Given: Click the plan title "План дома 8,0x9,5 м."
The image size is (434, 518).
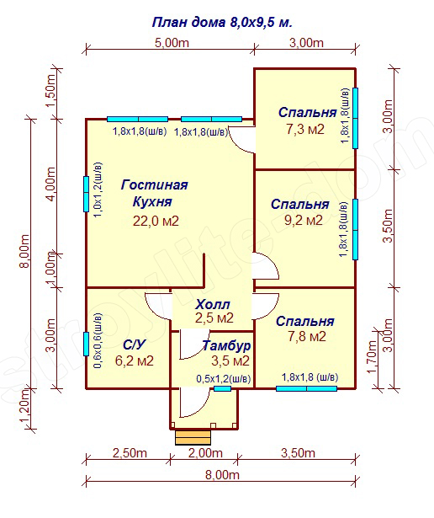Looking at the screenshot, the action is click(222, 23).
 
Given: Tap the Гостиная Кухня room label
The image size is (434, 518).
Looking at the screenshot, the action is click(155, 193).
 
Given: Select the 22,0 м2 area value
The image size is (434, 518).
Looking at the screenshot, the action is click(156, 221).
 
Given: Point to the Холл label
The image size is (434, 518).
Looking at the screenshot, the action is click(213, 304).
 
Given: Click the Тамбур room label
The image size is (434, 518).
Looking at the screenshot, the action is click(226, 345).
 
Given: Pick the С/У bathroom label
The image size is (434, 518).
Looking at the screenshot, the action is click(134, 345).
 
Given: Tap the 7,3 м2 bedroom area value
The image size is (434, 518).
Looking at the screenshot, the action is click(305, 129).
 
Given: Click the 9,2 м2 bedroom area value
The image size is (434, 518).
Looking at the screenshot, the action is click(304, 220).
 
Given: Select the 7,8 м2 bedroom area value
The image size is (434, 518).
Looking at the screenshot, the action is click(307, 336).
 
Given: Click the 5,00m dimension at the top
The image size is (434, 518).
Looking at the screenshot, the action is click(172, 43).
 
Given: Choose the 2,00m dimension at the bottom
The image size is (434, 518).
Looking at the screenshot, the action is click(205, 453).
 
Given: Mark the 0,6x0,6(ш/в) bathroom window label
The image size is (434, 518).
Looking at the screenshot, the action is click(98, 341).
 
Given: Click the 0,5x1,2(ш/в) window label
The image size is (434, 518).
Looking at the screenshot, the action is click(224, 379).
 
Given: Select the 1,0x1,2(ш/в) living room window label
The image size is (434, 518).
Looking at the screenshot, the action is click(98, 190).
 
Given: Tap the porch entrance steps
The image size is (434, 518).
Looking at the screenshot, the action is click(193, 438).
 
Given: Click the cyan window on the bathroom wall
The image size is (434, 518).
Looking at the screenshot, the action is click(86, 344).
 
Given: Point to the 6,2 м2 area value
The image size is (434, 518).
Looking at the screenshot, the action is click(135, 360).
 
